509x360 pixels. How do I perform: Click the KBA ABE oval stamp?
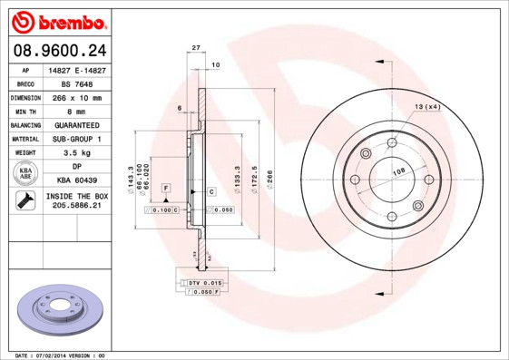tap(26, 174)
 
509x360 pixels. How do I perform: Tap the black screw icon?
tap(26, 202)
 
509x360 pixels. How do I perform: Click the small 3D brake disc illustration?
tap(61, 311)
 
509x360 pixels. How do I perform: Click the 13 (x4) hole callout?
tap(426, 108)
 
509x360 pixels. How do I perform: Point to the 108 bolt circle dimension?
tap(397, 171)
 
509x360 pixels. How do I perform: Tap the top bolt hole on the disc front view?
tap(392, 142)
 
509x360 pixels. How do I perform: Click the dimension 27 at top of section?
tap(196, 47)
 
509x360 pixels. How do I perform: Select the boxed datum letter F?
tap(166, 188)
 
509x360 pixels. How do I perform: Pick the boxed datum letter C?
tap(210, 191)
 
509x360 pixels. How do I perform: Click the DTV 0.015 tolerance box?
tap(204, 284)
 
